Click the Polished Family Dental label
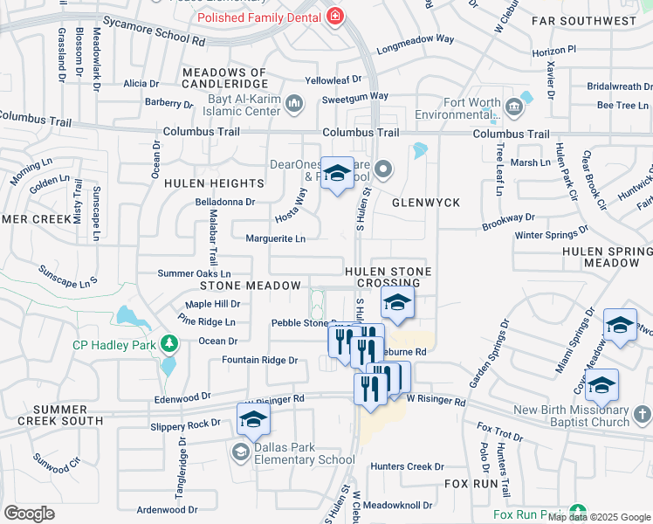click(x=258, y=17)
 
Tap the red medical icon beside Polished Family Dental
click(x=334, y=16)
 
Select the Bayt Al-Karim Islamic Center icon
click(x=293, y=104)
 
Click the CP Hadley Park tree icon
click(x=170, y=345)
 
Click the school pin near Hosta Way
click(x=337, y=174)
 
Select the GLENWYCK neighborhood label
click(x=425, y=203)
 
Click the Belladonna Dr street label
click(x=225, y=201)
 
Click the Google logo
click(x=29, y=514)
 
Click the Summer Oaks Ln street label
click(x=194, y=273)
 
